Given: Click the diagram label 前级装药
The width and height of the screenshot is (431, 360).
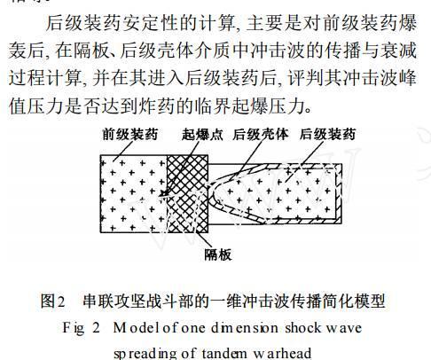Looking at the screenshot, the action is pos(130,135).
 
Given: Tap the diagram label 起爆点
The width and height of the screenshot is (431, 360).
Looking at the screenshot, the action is pos(202,135).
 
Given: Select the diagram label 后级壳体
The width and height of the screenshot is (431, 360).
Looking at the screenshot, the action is pos(261,135).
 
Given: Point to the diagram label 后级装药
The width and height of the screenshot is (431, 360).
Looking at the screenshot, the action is pos(327,135).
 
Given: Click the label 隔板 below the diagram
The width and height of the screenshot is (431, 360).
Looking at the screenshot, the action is pos(218,254).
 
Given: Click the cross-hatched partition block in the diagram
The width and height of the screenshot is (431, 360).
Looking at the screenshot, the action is pos(187,193).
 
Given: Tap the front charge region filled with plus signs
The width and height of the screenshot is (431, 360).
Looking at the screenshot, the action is pos(134,193).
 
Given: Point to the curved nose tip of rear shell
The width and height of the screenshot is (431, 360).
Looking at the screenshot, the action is pos(210,192).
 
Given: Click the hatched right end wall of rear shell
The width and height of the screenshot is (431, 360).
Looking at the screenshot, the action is pos(339,193).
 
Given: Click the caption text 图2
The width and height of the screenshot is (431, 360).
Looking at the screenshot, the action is pos(52,301).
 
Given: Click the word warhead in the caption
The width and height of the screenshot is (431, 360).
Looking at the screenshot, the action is pos(282,353).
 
